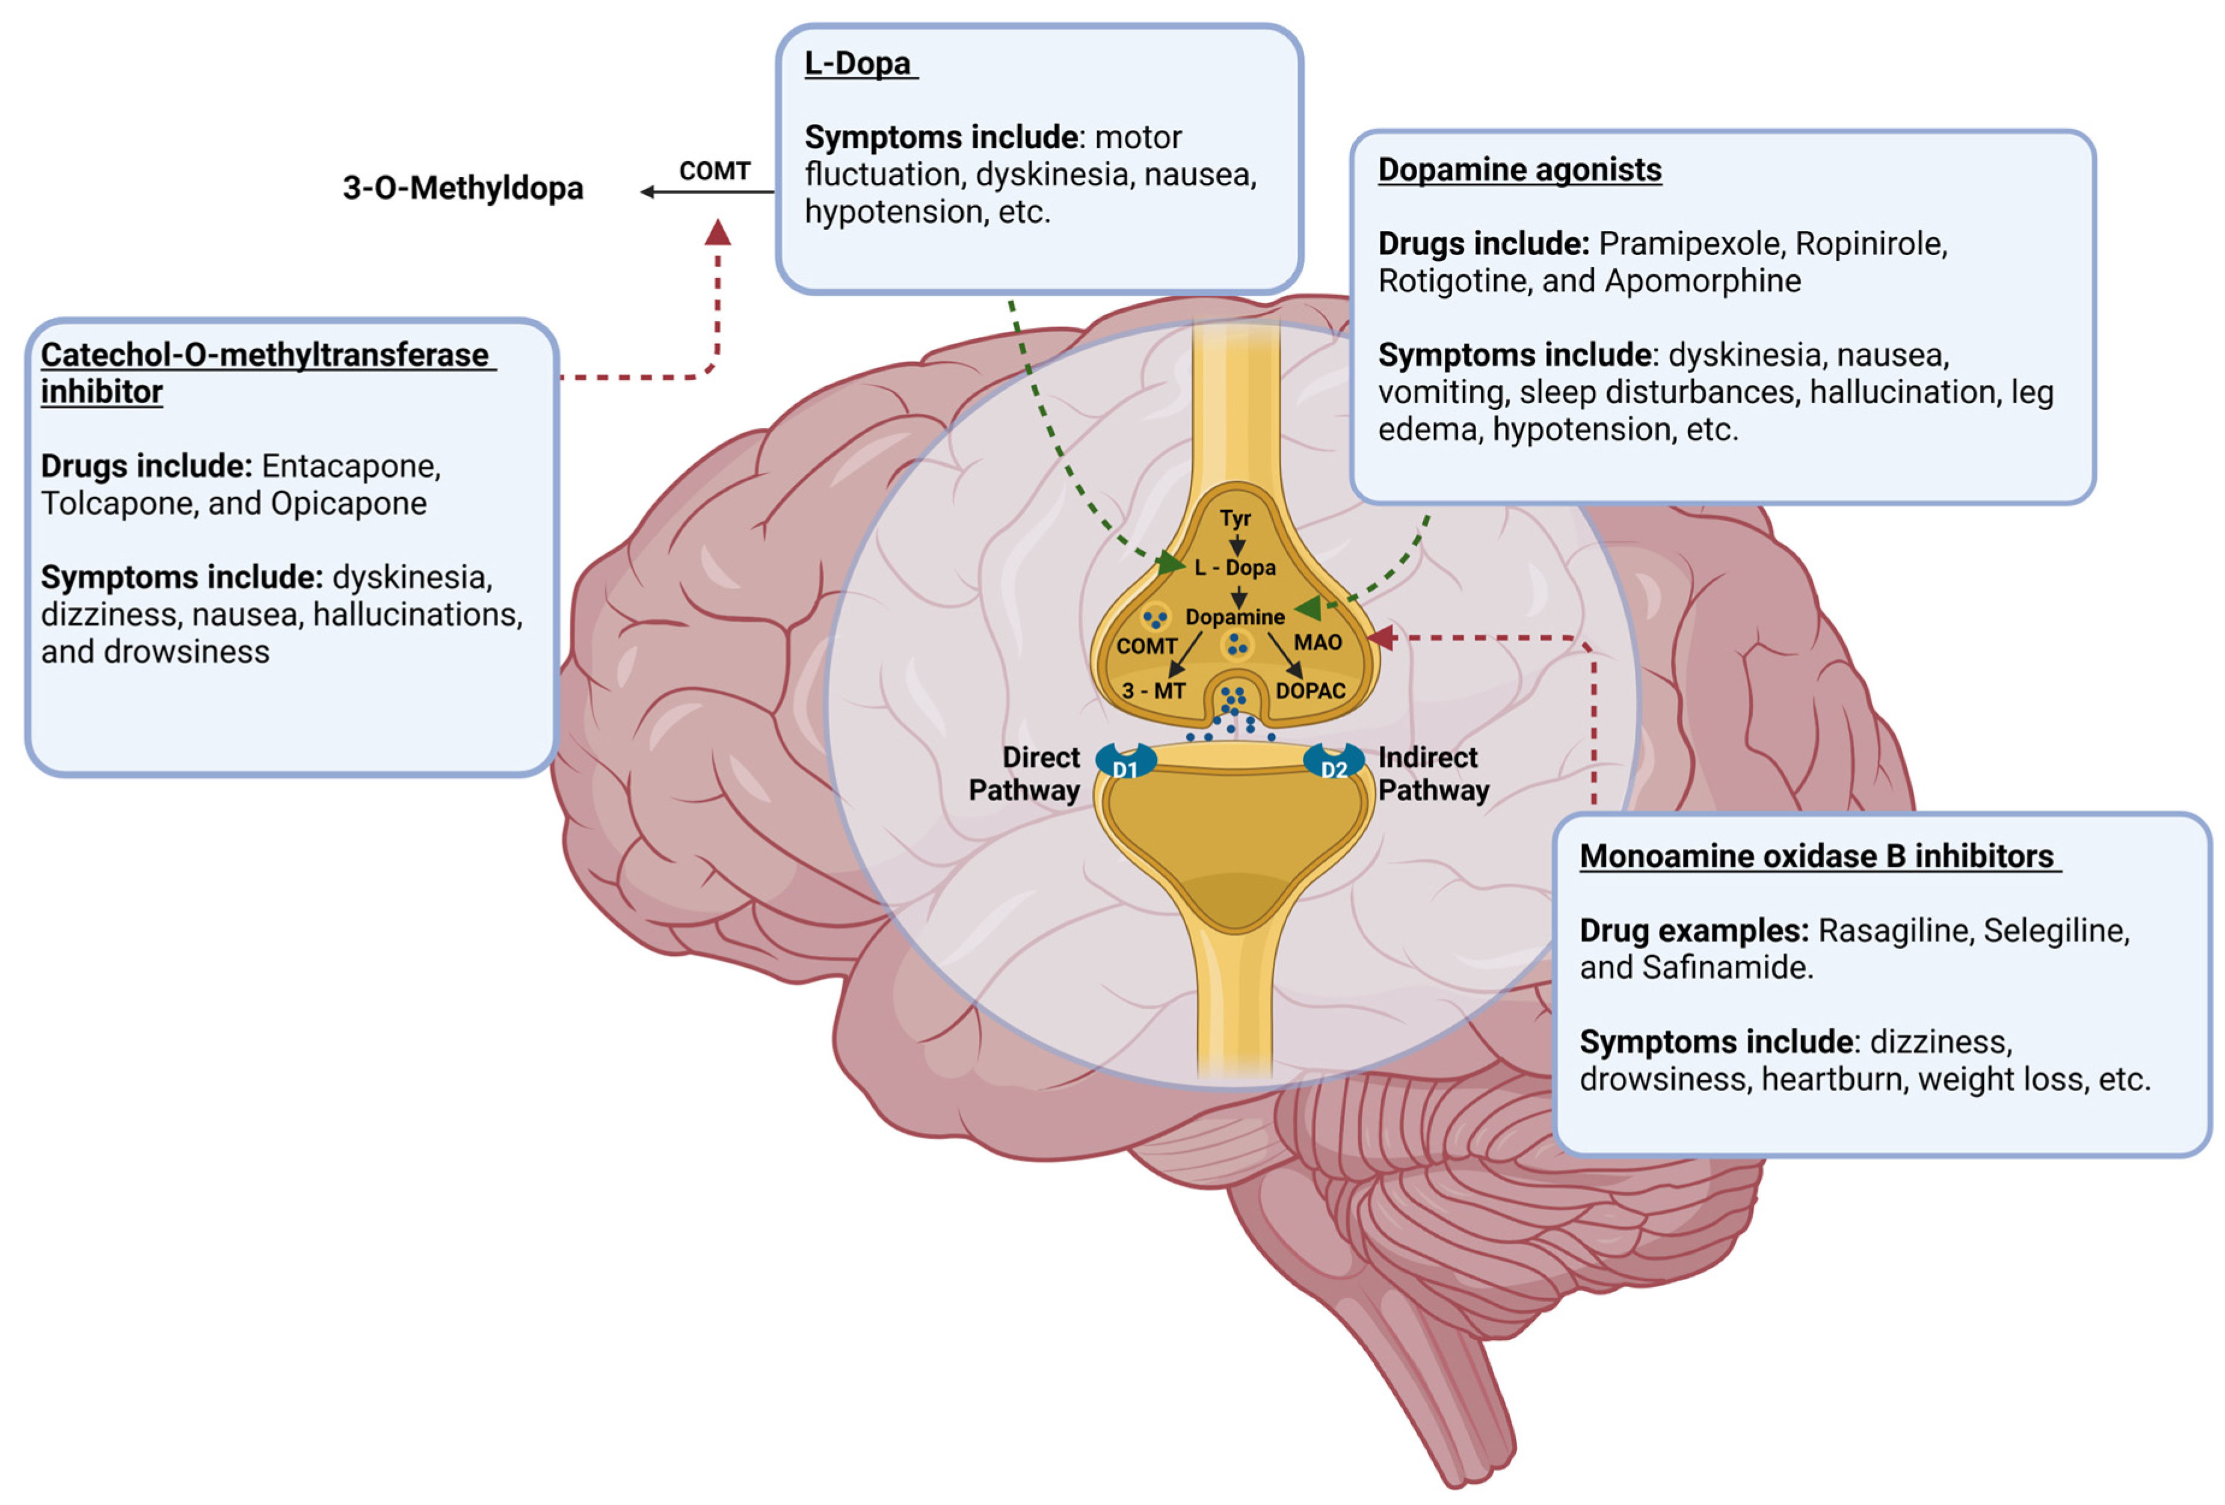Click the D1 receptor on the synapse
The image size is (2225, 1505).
[1125, 764]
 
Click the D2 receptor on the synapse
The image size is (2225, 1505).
[1334, 764]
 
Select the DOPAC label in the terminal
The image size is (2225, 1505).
[1309, 691]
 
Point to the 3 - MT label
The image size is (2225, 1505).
[1154, 691]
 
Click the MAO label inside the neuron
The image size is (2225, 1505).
[1317, 642]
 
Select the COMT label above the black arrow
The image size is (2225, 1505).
[714, 171]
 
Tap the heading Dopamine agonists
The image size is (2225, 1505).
[1519, 170]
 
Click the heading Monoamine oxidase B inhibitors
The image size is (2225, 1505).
[1816, 856]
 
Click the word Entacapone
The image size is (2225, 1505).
[351, 466]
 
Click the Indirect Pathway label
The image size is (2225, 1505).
[1432, 774]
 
